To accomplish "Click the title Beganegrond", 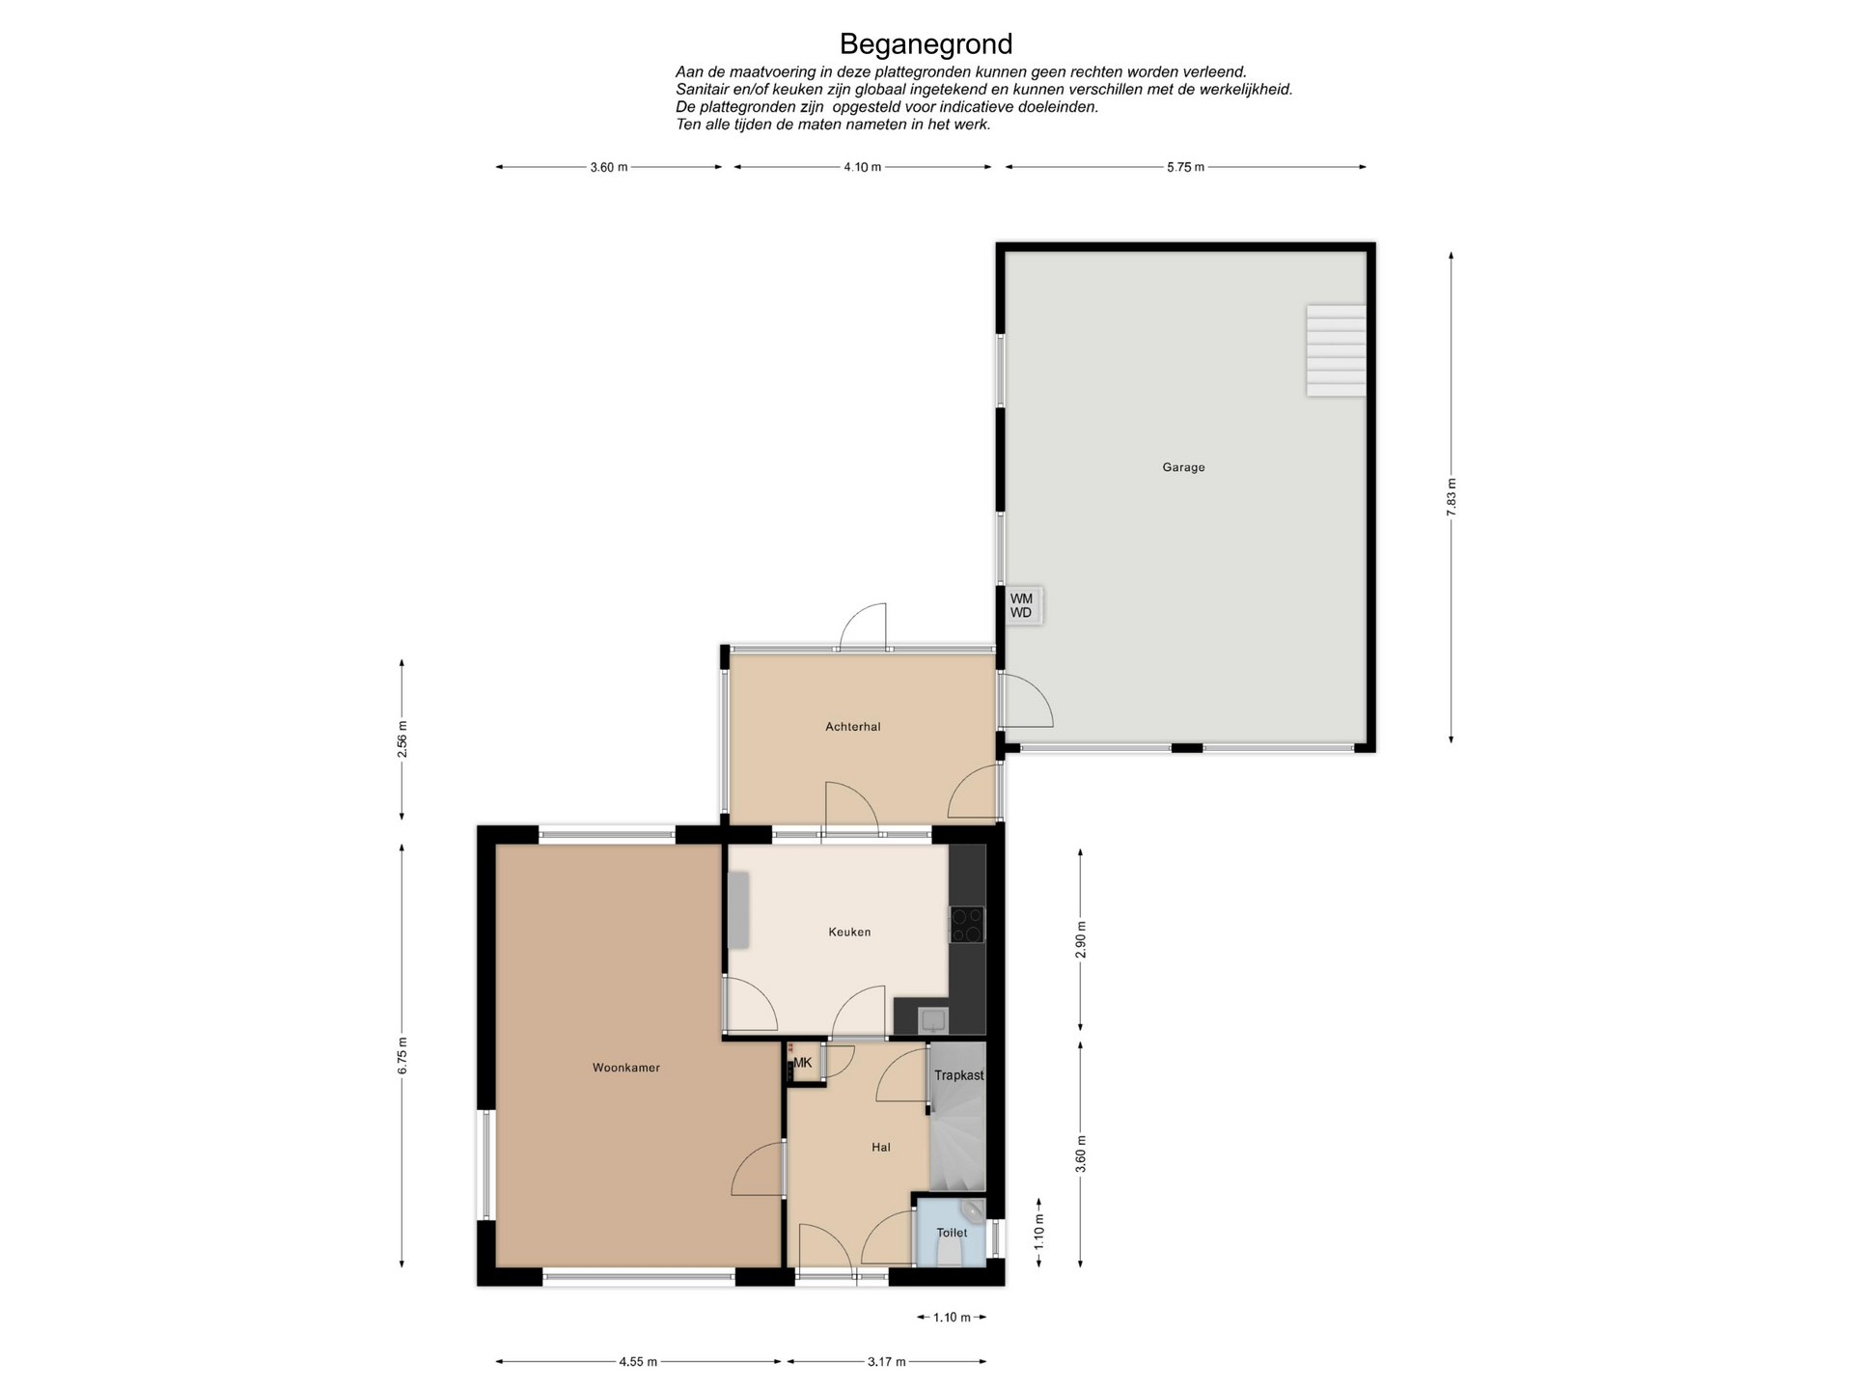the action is coord(926,44).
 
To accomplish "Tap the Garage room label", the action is coord(1183,467).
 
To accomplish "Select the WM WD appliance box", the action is coord(1023,605).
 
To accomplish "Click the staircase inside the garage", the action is coord(1336,350).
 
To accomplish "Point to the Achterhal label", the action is coord(853,727).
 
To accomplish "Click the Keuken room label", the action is coord(849,932).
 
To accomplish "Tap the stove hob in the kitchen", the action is coord(967,924).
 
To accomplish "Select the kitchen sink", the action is coord(933,1019).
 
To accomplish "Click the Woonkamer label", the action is coord(626,1068).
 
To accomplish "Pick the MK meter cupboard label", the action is coord(803,1063).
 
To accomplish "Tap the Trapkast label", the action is coord(958,1075).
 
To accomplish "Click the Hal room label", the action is coord(880,1148).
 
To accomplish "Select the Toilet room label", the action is coord(952,1233).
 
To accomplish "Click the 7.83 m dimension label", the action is coord(1451,498).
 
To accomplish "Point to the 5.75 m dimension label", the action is coord(1185,167).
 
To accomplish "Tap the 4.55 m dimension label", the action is coord(638,1362).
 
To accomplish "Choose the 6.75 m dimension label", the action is coord(401,1055).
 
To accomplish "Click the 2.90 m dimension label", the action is coord(1081,940).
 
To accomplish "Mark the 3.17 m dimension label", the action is coord(886,1362).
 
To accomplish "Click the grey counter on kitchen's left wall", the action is coord(737,909).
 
